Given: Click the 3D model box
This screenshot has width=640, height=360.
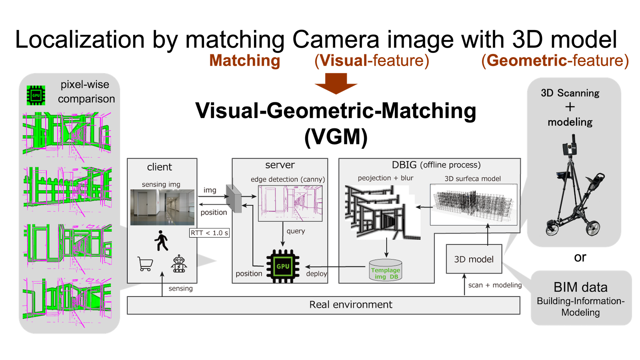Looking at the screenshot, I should point(474,259).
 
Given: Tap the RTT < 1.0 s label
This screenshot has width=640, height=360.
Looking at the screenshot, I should point(209,233).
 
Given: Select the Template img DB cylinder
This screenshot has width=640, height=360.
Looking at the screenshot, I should point(385,270).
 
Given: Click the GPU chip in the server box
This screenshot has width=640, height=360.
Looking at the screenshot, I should point(283,266).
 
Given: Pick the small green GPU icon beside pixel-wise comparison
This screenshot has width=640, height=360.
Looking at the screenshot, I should point(36,95).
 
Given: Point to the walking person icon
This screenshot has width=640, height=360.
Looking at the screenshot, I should point(161,240).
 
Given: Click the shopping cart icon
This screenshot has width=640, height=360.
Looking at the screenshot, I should point(145,264).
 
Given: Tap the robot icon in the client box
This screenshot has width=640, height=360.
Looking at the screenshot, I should point(179,264).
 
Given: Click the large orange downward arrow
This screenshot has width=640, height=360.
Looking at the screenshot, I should point(336,83).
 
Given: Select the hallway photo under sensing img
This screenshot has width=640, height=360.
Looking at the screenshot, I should point(162,207).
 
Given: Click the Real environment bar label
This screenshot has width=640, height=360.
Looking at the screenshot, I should point(351,305).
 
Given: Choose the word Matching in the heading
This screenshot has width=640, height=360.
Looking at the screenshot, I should point(245,61).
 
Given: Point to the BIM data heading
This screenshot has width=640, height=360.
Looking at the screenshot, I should point(580,287).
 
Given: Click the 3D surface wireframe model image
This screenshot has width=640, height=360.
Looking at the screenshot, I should point(473,204).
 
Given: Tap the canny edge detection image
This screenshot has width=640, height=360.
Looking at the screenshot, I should point(290,203).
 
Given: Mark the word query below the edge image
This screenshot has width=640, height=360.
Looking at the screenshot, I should point(296,231).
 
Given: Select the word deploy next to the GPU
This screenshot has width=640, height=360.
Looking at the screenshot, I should point(316,274).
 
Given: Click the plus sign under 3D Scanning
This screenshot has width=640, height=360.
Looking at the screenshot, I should point(570,107).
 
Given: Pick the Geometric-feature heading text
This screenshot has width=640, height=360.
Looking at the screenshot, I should point(555,61).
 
